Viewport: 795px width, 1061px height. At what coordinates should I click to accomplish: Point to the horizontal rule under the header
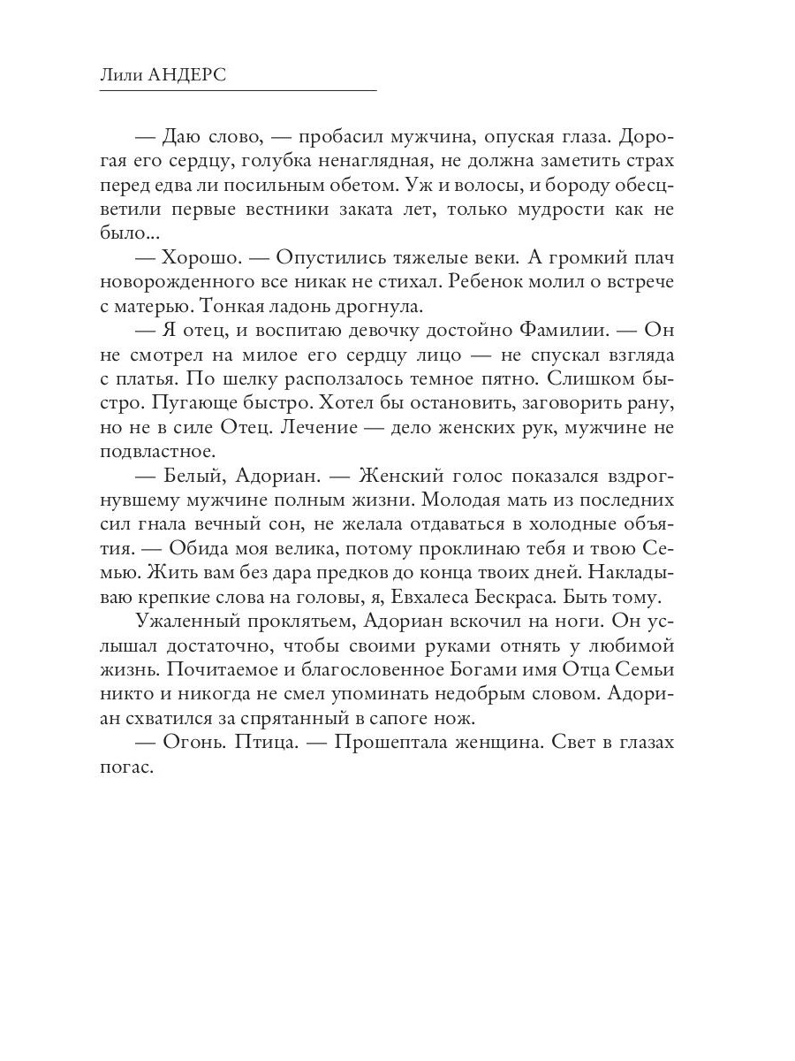point(238,91)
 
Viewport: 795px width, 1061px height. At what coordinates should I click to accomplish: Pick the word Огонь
point(193,743)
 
